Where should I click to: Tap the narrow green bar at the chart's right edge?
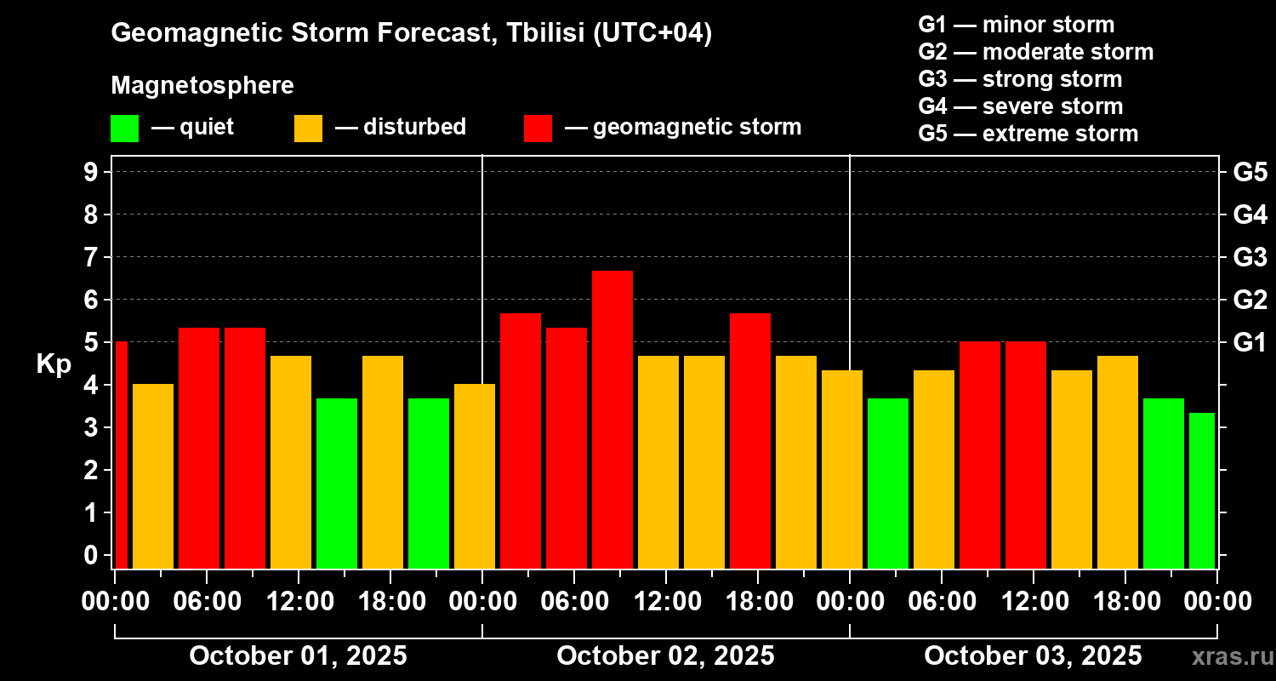pos(1201,490)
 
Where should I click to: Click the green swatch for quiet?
pos(124,129)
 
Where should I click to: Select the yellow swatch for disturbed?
pos(308,129)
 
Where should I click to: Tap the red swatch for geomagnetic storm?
pos(538,129)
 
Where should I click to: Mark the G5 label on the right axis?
pos(1250,172)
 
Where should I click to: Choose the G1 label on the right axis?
pos(1250,342)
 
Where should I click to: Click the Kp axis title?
pos(53,363)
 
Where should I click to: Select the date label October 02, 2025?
pos(665,655)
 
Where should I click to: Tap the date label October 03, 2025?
pos(1033,655)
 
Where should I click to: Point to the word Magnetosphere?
pos(202,86)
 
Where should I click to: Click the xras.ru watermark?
pos(1230,656)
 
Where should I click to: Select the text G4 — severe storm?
pos(1020,106)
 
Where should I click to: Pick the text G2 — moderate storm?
pos(1035,52)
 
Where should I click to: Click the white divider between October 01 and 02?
pos(482,255)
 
